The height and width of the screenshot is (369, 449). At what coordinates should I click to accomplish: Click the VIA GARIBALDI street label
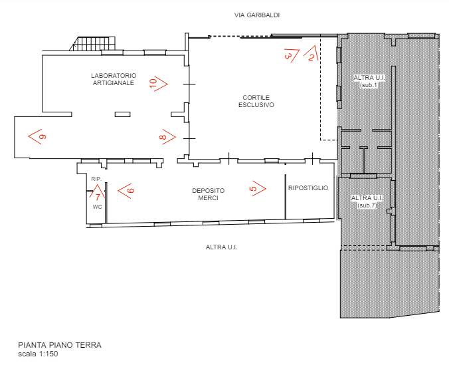pos(257,15)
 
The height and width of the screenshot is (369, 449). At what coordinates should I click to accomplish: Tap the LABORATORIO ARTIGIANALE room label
pos(114,79)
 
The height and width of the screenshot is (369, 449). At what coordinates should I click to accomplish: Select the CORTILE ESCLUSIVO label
pos(256,101)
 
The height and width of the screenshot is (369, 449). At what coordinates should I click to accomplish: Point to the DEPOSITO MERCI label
pos(208,194)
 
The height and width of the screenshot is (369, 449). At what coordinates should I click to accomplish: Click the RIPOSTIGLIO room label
pos(308,188)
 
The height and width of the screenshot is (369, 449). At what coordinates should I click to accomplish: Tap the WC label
pos(98,207)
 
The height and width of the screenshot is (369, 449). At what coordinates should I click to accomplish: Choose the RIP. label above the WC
pos(96,179)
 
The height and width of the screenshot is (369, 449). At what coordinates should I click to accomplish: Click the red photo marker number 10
pos(158,83)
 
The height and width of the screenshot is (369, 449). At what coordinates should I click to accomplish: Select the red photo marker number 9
pos(38,136)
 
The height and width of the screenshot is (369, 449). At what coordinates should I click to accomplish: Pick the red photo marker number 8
pos(167,137)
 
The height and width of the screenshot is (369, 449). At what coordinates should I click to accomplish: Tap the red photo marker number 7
pos(97,191)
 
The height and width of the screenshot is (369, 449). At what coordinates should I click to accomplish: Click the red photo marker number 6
pos(126,190)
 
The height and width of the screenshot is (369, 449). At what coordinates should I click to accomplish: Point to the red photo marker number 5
pos(259,188)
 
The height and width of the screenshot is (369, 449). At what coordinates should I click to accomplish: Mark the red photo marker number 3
pos(292,55)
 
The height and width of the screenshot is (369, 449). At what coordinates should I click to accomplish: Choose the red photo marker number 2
pos(311,54)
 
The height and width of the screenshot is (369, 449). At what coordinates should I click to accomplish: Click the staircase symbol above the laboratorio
pos(92,44)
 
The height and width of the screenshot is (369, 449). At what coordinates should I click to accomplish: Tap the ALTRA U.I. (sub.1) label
pos(370,81)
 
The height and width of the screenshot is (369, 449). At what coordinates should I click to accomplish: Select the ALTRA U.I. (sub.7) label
pos(367,201)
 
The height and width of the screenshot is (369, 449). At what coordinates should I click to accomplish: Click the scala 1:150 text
pos(38,354)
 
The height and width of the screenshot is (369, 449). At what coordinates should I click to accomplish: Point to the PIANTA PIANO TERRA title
pos(60,345)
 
